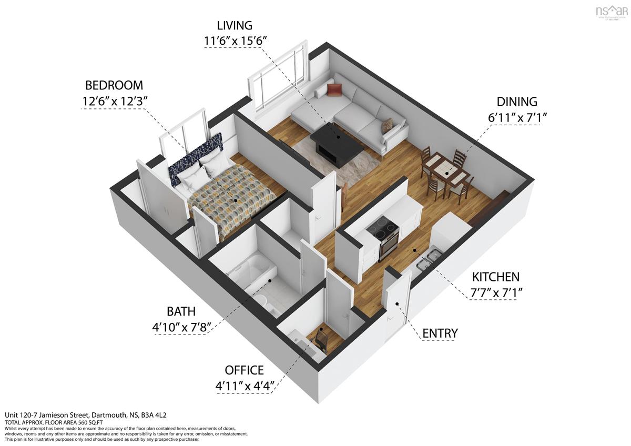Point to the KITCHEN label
point(495,277)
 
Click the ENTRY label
point(440,333)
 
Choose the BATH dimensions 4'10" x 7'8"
point(181,327)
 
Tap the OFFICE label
point(244,370)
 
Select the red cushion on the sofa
point(334,90)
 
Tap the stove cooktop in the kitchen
point(382,229)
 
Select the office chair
point(320,339)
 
